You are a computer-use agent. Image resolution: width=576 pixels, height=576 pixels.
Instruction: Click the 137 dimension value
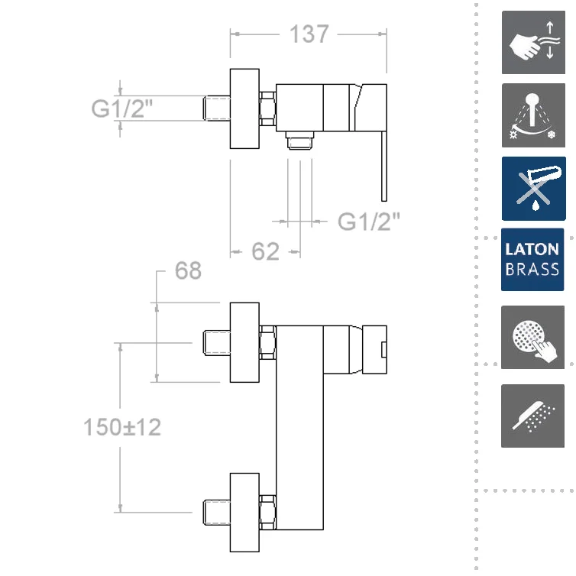(x=309, y=34)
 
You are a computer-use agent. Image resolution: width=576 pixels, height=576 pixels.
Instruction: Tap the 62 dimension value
(x=265, y=251)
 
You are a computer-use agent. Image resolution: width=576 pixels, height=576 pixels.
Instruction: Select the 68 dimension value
(x=188, y=270)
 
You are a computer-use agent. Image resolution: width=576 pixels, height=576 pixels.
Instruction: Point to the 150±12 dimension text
(x=122, y=427)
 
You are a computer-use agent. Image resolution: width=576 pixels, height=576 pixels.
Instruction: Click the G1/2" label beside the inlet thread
(x=121, y=108)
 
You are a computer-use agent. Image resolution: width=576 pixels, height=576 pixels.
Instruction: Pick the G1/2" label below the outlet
(x=368, y=222)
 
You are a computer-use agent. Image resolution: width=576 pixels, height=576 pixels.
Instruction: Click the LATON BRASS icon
(x=532, y=259)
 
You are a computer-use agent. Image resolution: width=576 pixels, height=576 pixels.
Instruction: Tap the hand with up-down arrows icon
(x=533, y=42)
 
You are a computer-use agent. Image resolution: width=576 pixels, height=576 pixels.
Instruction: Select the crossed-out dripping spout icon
(x=534, y=189)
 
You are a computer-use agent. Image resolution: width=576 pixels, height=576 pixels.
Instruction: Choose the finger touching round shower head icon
(x=532, y=337)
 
